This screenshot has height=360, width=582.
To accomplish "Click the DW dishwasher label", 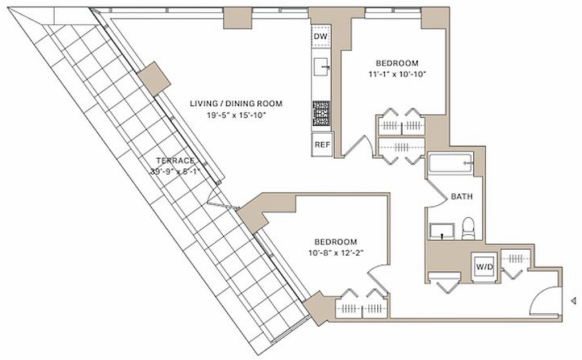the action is [321, 36].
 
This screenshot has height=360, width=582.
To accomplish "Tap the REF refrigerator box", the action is [322, 144].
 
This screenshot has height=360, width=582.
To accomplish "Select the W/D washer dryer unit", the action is [484, 267].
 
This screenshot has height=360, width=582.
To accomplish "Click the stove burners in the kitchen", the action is [322, 114].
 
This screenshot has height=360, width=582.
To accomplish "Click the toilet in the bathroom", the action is [468, 228].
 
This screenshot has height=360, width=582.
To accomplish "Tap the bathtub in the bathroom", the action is [451, 163].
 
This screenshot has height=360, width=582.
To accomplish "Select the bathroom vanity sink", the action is [442, 231].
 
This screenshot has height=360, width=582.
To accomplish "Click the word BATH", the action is [462, 196].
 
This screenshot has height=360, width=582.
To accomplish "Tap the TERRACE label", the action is [175, 161].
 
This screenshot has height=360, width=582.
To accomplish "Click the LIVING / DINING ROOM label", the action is [236, 104].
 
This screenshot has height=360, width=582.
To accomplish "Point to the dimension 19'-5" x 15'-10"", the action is [237, 115].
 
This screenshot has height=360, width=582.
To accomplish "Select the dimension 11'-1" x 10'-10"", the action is [397, 75].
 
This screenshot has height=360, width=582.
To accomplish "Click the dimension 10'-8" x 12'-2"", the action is [335, 254].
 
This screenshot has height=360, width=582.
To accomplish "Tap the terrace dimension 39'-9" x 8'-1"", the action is [175, 172].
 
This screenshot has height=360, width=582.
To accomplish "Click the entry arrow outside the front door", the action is [573, 300].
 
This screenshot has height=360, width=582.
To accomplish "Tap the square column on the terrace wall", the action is [154, 78].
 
